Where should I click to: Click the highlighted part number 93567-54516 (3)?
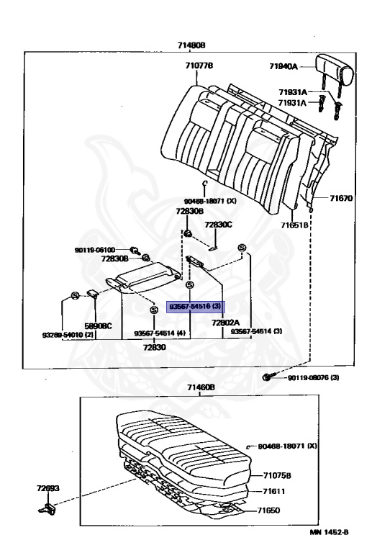(x=196, y=306)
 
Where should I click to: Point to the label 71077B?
(x=199, y=66)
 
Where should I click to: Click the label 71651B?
(x=295, y=225)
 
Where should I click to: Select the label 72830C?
(x=218, y=225)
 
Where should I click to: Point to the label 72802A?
(x=225, y=323)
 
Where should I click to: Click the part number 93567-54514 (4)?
(x=160, y=334)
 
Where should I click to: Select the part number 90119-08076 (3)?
(x=312, y=377)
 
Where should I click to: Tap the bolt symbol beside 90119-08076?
(x=268, y=377)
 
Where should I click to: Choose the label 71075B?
(x=277, y=475)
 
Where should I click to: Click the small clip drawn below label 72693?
(x=46, y=510)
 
